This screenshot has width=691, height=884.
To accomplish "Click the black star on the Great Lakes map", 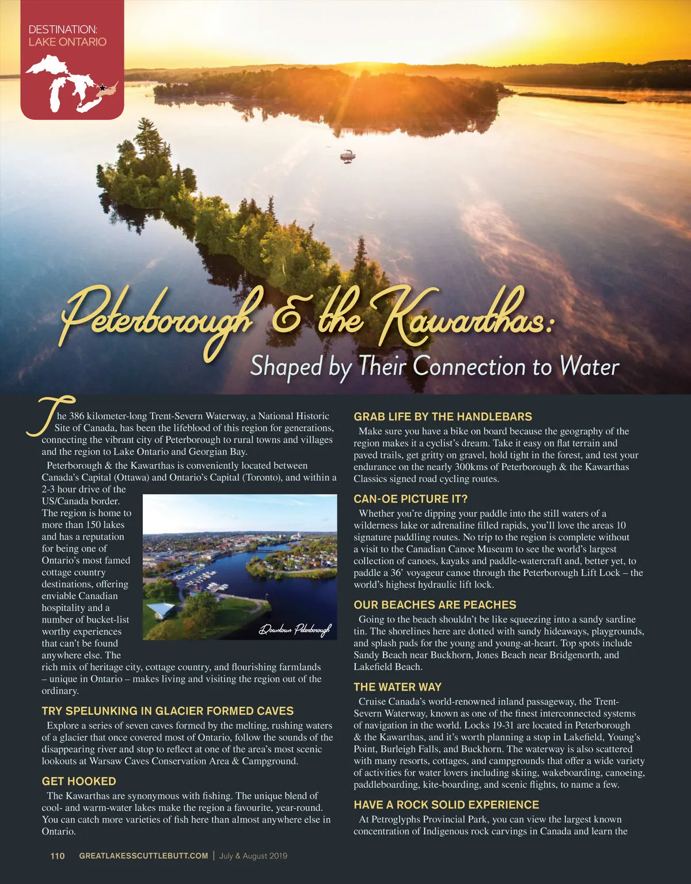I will [102, 88].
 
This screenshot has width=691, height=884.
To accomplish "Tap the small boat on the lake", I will [347, 155].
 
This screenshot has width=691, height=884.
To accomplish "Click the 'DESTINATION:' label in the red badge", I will [63, 29].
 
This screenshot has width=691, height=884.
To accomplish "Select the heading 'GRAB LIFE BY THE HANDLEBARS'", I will [442, 416].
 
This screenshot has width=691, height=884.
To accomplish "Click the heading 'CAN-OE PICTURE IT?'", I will [411, 499].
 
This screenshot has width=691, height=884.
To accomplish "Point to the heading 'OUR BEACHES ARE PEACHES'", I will [435, 605].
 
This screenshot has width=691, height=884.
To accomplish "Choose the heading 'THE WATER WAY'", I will [397, 687].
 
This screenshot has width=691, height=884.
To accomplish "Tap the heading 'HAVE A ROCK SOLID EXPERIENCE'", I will [446, 805].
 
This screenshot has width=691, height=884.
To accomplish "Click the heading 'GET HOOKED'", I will [79, 781].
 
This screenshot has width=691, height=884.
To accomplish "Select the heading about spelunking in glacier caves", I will [168, 711].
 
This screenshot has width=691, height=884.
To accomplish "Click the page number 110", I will [58, 856].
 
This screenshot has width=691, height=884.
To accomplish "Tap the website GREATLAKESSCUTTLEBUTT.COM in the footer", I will [143, 856].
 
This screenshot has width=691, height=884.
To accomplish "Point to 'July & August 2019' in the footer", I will [253, 856].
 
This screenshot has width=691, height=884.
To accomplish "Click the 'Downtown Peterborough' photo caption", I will [295, 629].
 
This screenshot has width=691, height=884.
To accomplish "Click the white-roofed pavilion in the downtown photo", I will [162, 609].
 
